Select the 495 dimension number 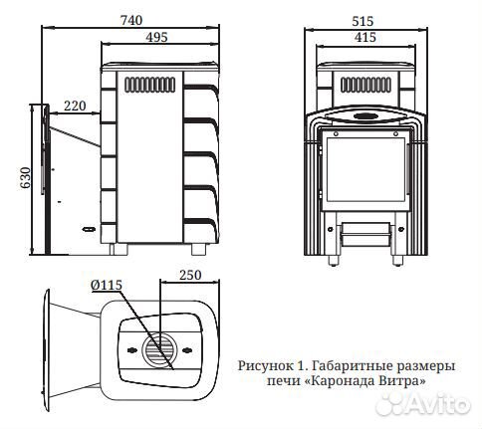tap(155, 37)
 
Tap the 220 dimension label tap(73, 104)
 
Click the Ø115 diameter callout tap(106, 286)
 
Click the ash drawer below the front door tap(364, 236)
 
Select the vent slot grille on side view tap(153, 83)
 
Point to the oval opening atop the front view tap(365, 115)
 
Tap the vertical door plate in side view tap(42, 179)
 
